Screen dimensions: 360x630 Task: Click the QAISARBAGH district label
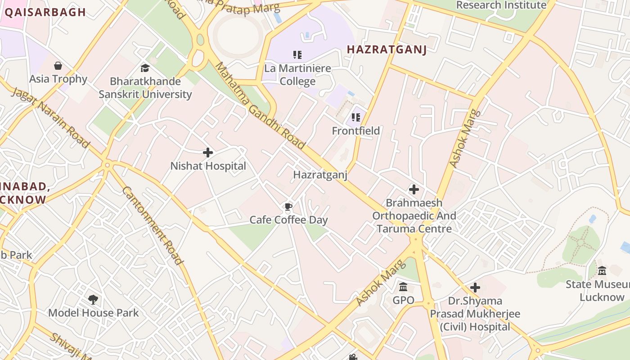pos(45,12)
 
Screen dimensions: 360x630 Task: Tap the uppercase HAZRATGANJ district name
pos(387,49)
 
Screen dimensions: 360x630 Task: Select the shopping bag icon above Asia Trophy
pos(58,66)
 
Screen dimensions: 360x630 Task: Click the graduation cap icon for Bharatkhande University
pos(145,68)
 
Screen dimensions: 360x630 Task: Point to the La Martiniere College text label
pos(297,75)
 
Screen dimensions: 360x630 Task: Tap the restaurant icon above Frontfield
pos(356,117)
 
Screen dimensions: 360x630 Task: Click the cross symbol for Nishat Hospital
pos(208,153)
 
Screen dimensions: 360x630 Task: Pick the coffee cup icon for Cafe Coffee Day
pos(288,207)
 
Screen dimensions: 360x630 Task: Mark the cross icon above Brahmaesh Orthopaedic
pos(414,189)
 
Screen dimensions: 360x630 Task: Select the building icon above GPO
pos(403,287)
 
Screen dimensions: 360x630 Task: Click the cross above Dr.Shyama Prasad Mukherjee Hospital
pos(475,288)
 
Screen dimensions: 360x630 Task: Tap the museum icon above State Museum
pos(602,271)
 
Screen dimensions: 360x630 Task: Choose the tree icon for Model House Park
pos(93,299)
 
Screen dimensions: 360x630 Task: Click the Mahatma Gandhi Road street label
pos(260,106)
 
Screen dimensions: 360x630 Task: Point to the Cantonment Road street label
pos(153,225)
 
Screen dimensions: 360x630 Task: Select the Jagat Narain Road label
pos(50,117)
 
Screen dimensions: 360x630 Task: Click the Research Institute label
pos(501,5)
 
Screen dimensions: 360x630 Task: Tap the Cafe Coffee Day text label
pos(288,220)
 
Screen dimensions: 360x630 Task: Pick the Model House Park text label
pos(93,313)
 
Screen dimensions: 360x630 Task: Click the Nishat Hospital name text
pos(208,166)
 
